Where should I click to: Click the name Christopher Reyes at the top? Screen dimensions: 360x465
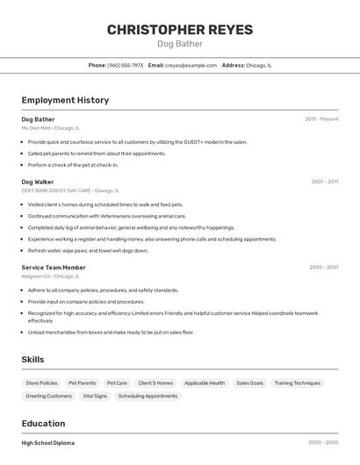(180, 30)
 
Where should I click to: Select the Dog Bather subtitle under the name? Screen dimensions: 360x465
(180, 44)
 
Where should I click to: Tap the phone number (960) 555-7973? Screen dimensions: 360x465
(125, 65)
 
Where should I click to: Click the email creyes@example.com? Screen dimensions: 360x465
(191, 65)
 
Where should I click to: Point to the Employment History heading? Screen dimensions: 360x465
(65, 100)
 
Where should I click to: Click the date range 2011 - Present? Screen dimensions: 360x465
(321, 118)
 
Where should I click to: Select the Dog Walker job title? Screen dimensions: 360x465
(38, 182)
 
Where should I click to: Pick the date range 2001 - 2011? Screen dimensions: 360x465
(324, 182)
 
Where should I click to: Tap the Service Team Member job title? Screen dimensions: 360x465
(54, 267)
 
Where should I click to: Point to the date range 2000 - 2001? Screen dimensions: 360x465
(324, 267)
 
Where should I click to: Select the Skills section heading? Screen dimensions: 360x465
(32, 359)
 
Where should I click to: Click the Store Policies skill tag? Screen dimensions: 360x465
(41, 383)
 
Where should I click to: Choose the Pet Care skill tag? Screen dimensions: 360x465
(117, 383)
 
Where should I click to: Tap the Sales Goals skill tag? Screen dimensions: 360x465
(249, 383)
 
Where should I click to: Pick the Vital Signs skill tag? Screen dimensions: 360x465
(95, 396)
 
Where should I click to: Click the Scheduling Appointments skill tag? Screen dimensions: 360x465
(148, 396)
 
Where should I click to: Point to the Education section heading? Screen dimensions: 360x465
(43, 423)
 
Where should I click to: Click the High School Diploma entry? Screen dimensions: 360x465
(47, 443)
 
